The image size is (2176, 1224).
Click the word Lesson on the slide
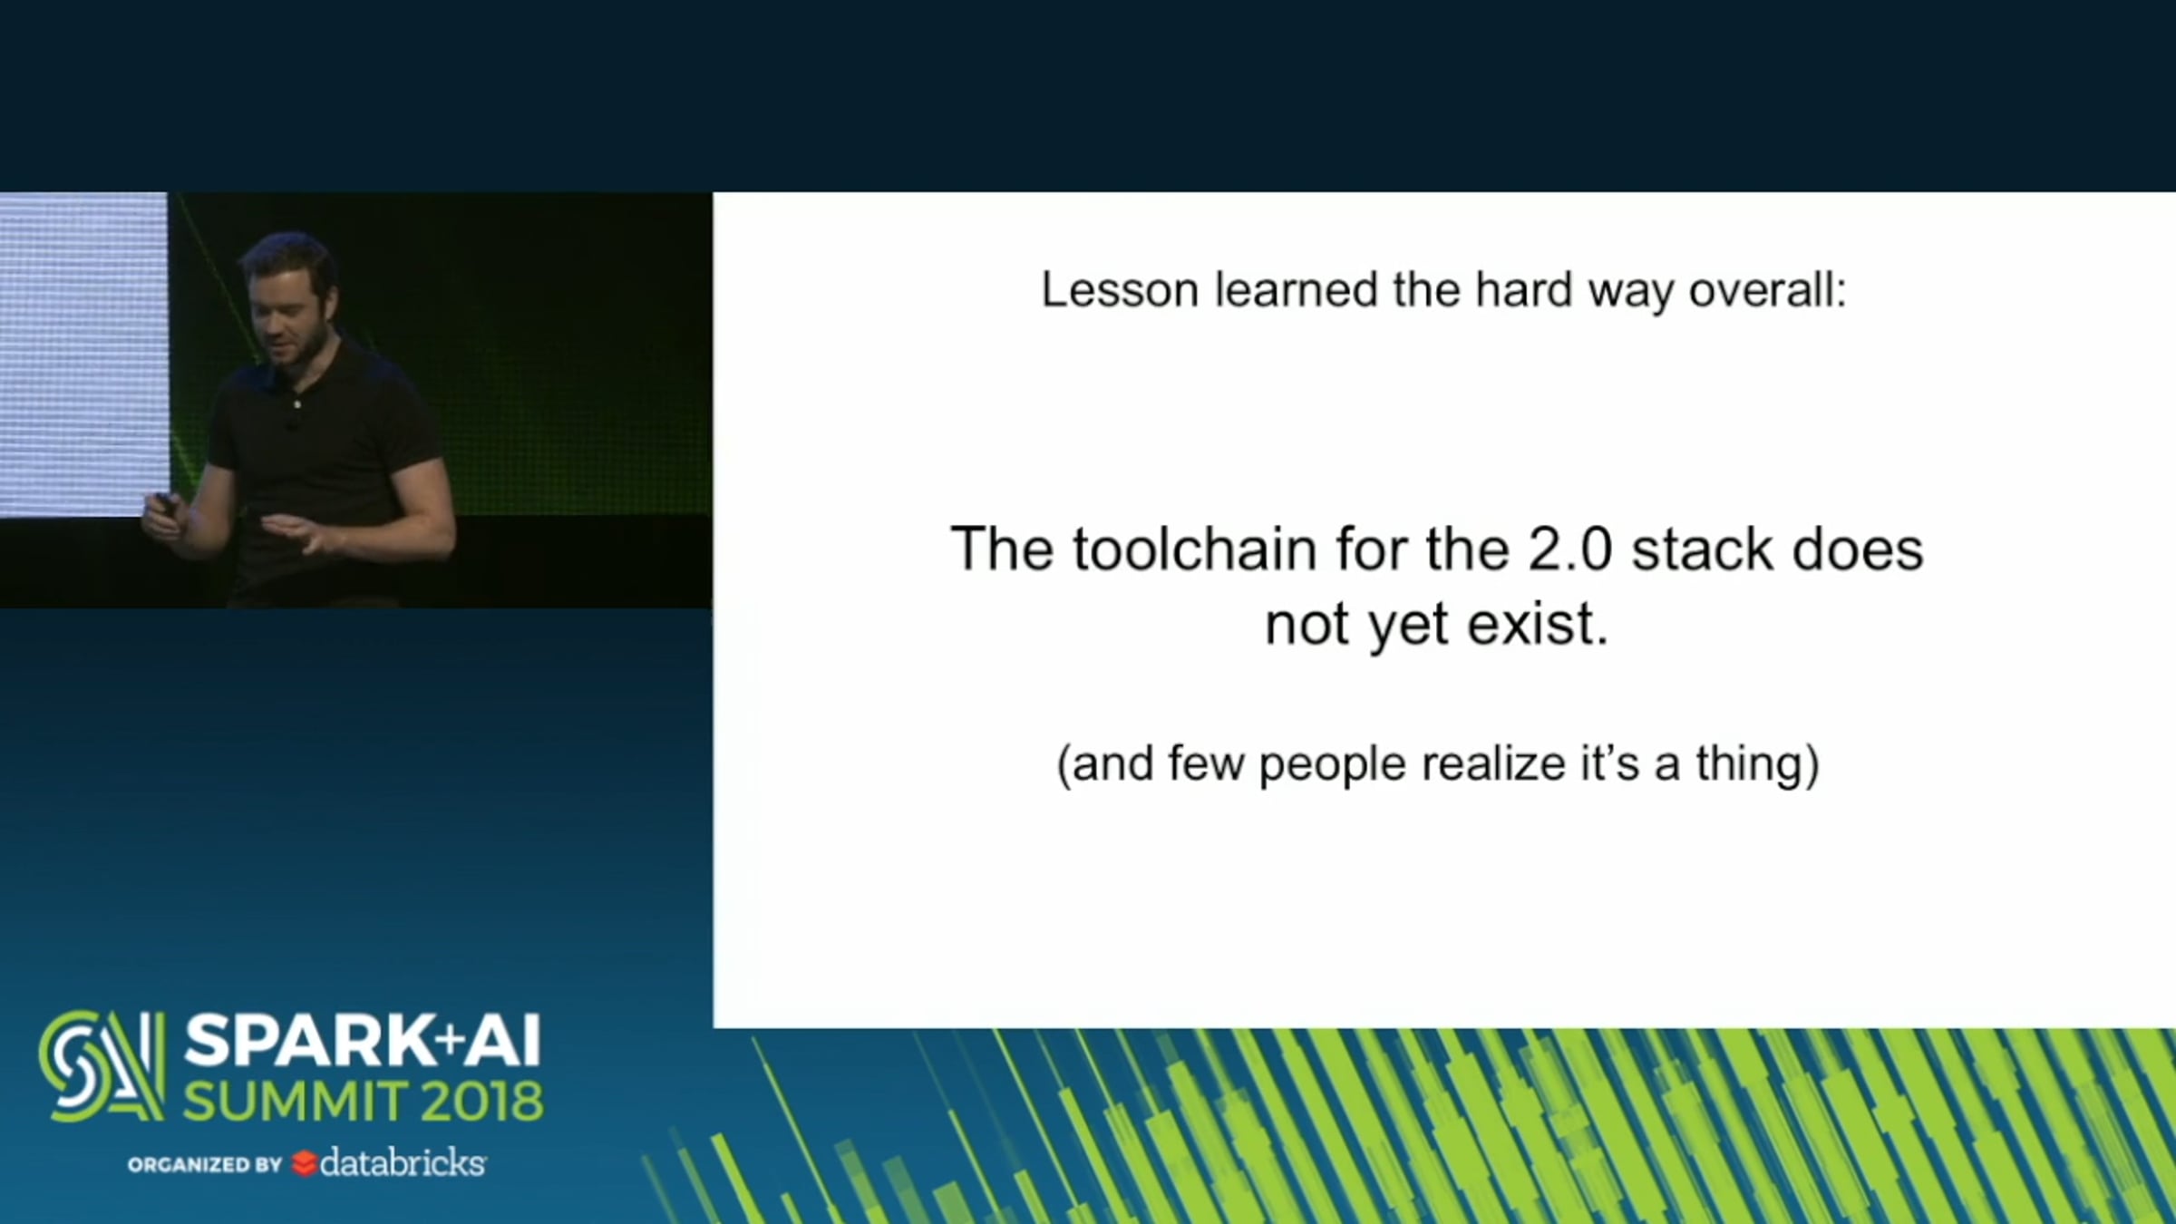click(1120, 290)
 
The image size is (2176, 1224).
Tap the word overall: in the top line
click(1768, 290)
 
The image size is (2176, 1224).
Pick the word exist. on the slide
click(1538, 624)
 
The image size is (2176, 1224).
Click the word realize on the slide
click(1493, 763)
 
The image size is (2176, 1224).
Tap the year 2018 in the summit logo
click(481, 1101)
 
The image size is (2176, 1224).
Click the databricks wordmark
click(403, 1161)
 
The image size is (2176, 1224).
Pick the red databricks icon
click(304, 1163)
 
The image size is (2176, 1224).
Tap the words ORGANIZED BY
click(205, 1164)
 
